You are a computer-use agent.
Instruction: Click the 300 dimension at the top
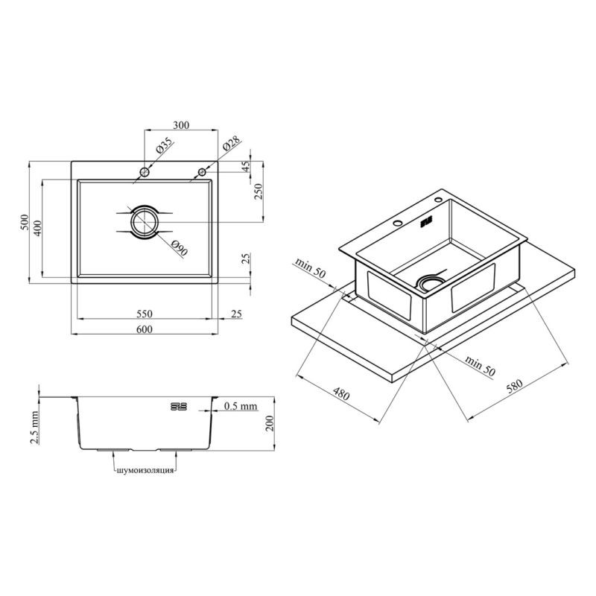point(181,125)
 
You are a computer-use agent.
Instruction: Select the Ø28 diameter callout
point(232,144)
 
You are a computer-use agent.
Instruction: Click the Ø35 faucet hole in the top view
point(145,172)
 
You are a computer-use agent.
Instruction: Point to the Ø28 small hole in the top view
point(202,172)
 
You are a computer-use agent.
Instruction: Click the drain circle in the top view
point(145,222)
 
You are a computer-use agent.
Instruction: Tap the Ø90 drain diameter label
point(180,249)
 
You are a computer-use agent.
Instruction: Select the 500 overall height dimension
point(25,222)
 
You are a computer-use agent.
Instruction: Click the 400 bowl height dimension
point(38,228)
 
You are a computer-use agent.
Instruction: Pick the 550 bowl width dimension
point(144,314)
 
